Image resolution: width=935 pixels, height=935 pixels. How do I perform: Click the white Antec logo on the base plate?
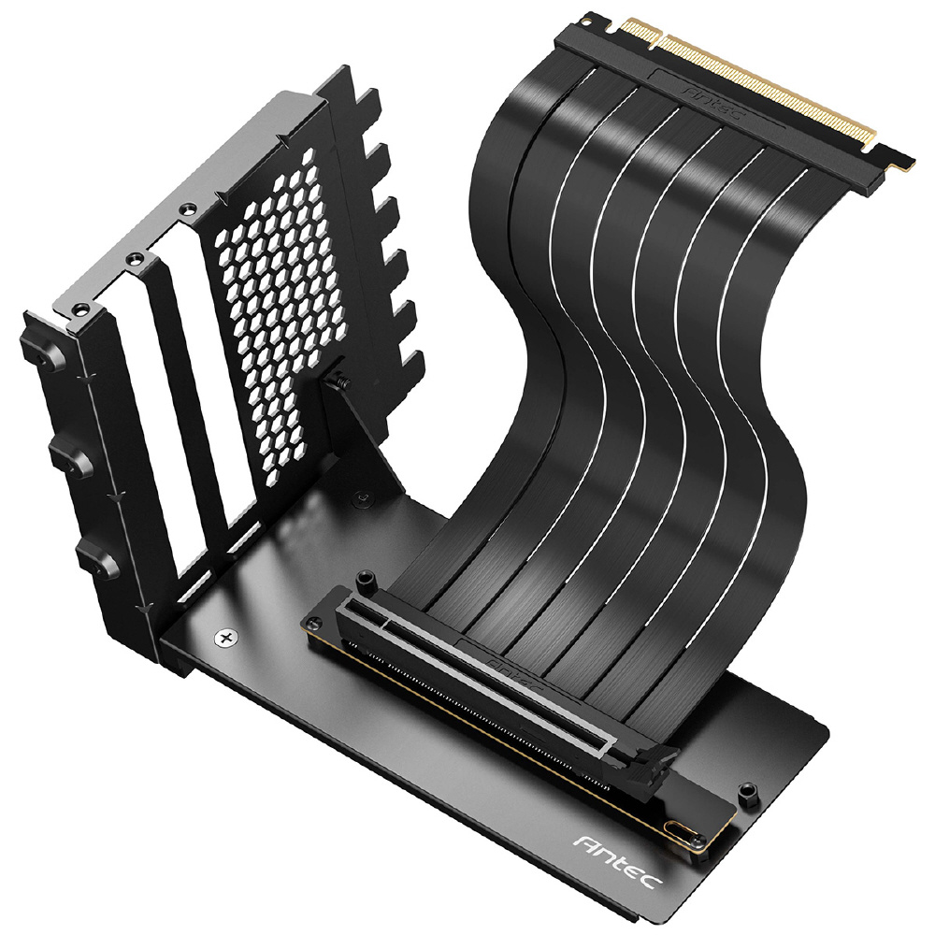click(618, 863)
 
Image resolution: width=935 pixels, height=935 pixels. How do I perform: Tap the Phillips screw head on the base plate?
click(226, 638)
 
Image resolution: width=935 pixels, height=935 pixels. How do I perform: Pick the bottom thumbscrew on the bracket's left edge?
click(94, 560)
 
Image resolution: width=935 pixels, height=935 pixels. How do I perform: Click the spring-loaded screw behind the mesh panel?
click(341, 381)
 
